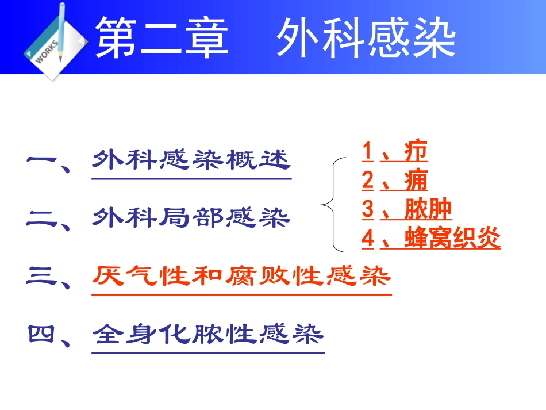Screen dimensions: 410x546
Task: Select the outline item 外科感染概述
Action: (x=191, y=160)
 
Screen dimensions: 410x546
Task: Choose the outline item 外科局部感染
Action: (x=191, y=218)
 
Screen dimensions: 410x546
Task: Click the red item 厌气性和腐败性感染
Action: (x=241, y=277)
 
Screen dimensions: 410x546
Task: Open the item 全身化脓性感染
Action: (x=208, y=334)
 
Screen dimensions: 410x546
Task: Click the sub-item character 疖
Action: (x=416, y=152)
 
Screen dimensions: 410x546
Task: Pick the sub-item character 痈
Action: (x=416, y=181)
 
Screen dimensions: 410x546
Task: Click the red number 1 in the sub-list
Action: (x=367, y=152)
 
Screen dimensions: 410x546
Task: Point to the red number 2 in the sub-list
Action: (x=368, y=181)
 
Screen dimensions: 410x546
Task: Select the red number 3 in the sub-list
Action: (x=368, y=210)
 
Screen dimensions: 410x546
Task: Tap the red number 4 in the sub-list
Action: (x=368, y=239)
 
